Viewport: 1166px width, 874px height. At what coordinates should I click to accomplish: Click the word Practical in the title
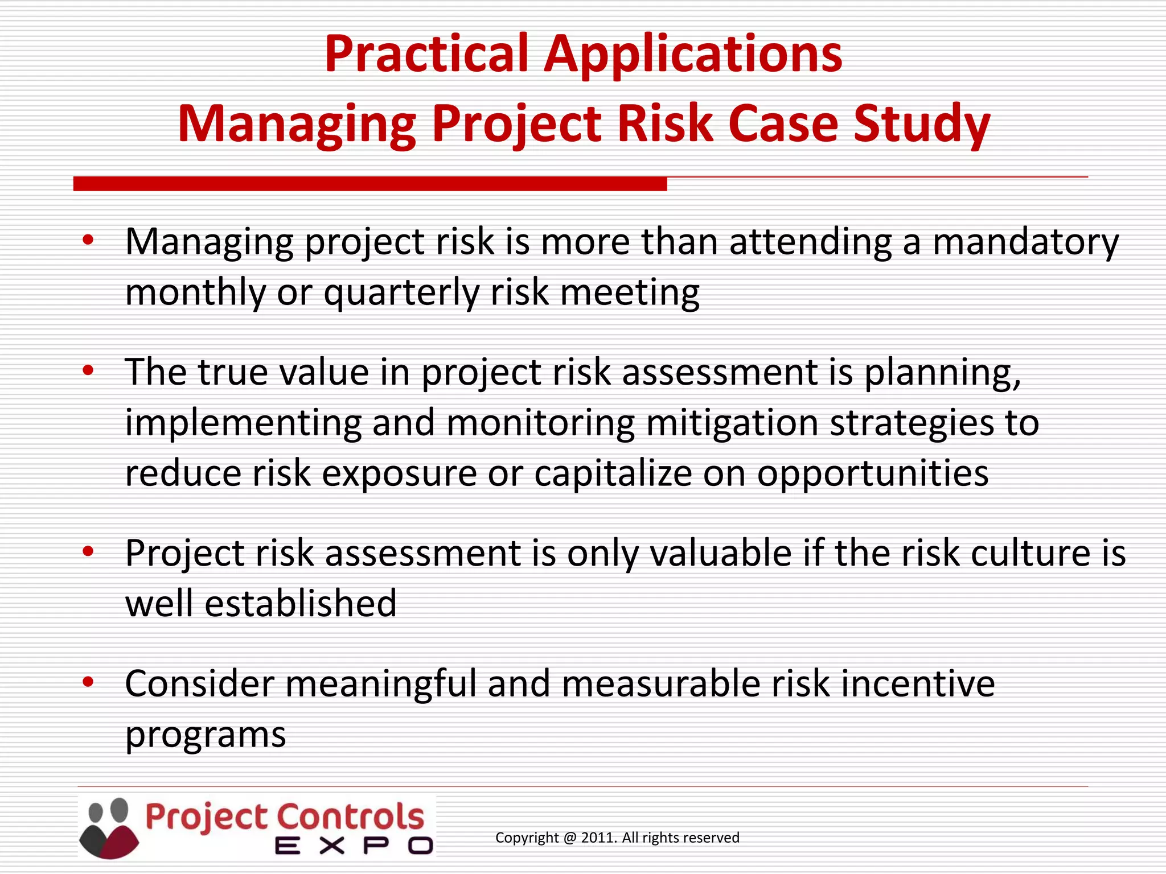(x=426, y=54)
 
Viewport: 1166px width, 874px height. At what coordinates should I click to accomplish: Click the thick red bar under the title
(x=370, y=184)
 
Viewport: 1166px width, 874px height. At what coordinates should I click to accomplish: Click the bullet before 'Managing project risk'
(x=88, y=240)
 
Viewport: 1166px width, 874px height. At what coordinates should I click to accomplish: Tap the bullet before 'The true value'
(x=88, y=371)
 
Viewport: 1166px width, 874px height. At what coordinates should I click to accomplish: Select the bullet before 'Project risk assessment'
(x=88, y=551)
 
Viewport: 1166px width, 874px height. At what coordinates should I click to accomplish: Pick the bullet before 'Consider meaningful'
(x=88, y=682)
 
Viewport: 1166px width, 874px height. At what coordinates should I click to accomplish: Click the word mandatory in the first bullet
(x=1025, y=242)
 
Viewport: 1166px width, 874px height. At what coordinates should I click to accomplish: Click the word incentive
(x=917, y=683)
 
